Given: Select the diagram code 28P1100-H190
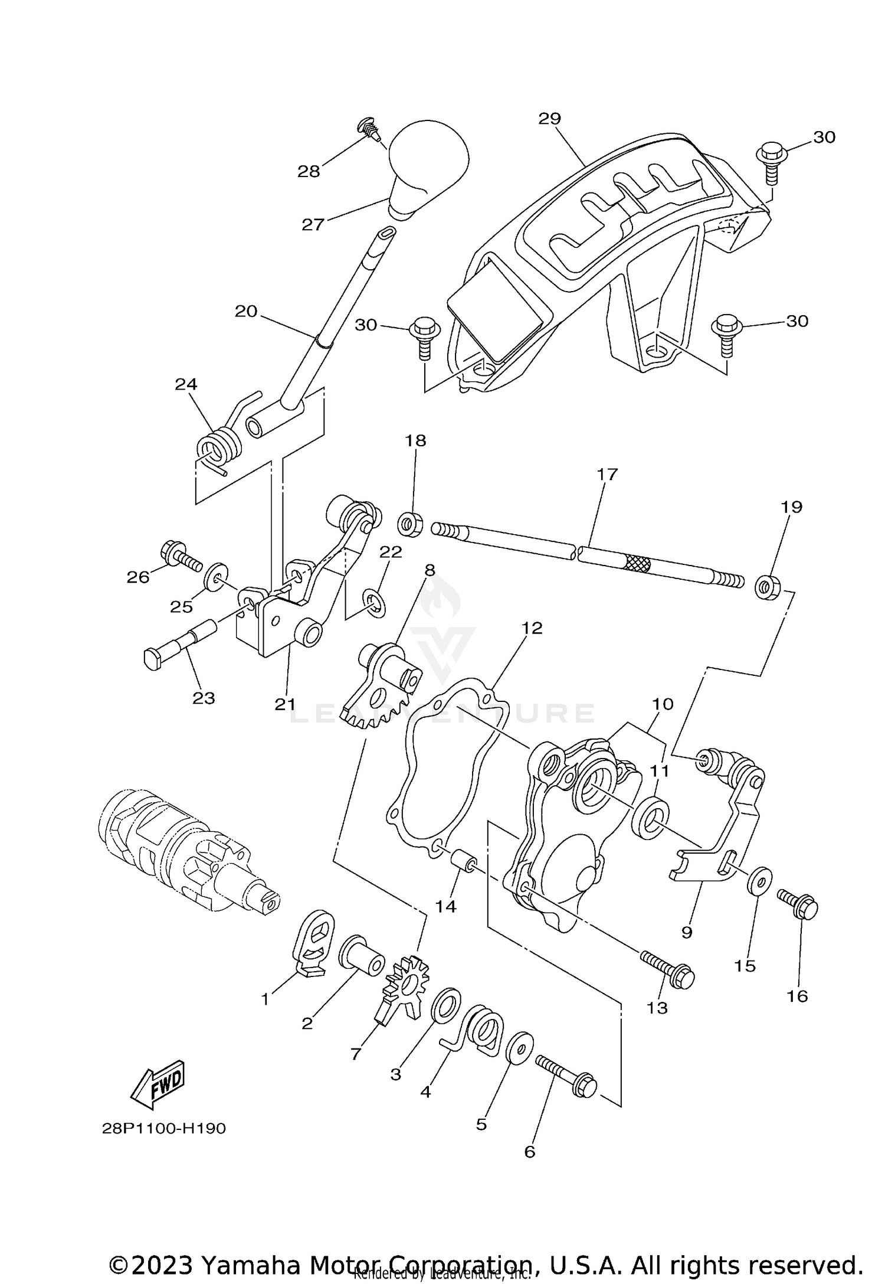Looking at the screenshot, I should click(x=164, y=1129).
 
